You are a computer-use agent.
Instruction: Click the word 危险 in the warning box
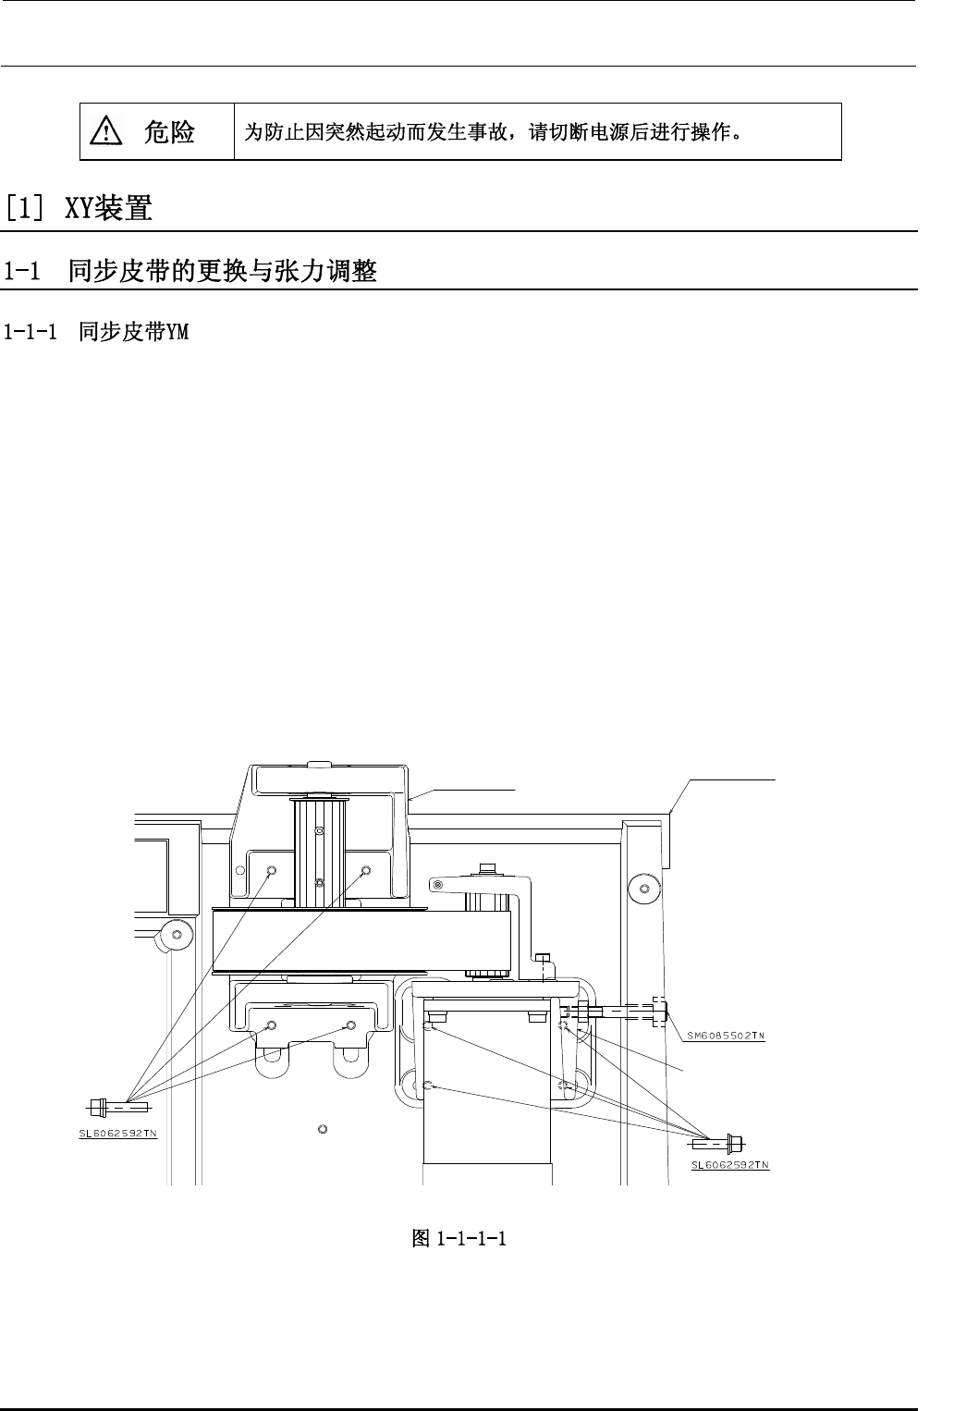(x=169, y=132)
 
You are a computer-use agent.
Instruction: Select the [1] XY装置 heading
(x=78, y=208)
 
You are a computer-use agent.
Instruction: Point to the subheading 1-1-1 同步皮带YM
(x=96, y=331)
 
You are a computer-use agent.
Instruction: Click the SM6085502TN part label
(x=726, y=1036)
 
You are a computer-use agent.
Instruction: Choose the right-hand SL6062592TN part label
(x=730, y=1165)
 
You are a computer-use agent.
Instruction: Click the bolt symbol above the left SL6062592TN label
(x=116, y=1105)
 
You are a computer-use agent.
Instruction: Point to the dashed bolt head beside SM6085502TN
(x=659, y=1012)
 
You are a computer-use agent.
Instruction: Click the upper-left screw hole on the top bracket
(x=272, y=871)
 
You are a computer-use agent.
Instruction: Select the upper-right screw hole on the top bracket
(x=365, y=871)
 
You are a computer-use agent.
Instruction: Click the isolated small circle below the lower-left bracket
(x=322, y=1128)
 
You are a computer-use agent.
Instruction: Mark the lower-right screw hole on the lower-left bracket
(x=350, y=1025)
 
